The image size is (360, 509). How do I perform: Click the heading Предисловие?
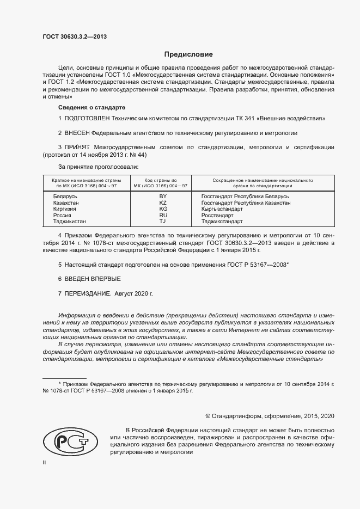(x=188, y=54)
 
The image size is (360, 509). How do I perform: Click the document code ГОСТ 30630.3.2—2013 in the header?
(x=75, y=37)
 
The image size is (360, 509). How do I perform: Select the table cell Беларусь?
(x=65, y=196)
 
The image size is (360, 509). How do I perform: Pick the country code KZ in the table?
(x=163, y=203)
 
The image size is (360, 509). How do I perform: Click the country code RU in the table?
(x=163, y=216)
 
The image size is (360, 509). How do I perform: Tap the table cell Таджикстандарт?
(x=222, y=222)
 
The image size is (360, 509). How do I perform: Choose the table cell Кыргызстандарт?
(x=222, y=209)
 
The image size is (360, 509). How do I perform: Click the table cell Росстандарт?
(x=217, y=216)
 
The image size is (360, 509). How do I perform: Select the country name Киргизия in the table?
(x=65, y=209)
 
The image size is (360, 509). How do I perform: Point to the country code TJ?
(x=162, y=222)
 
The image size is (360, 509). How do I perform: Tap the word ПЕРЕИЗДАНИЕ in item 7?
(x=88, y=293)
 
